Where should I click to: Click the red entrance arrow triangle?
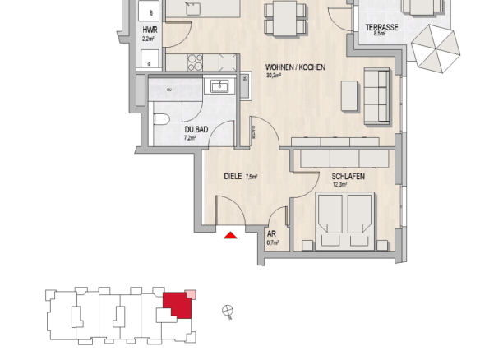(230, 235)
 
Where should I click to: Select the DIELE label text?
(233, 177)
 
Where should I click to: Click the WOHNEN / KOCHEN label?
(295, 67)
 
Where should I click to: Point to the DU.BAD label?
(196, 130)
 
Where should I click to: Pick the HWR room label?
(150, 30)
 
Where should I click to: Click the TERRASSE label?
(381, 28)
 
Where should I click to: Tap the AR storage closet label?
(271, 234)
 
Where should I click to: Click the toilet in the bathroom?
(161, 119)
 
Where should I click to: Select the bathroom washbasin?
(219, 85)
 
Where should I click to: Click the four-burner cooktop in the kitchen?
(195, 62)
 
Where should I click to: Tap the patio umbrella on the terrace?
(436, 48)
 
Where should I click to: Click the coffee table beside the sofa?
(349, 96)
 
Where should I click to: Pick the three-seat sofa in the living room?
(376, 96)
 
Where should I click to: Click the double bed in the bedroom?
(345, 221)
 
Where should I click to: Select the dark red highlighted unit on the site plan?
(178, 305)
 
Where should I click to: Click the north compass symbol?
(228, 311)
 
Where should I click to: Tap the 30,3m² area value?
(274, 76)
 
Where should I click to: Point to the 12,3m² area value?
(339, 185)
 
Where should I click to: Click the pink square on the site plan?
(191, 294)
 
